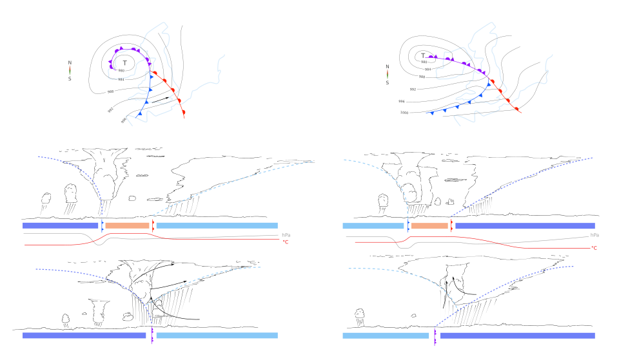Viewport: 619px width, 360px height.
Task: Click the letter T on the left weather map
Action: (x=125, y=63)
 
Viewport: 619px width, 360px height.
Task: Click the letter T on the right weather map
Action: (x=424, y=55)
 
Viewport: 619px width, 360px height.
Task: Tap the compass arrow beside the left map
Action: (x=70, y=70)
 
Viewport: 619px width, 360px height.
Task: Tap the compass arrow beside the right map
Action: (x=388, y=74)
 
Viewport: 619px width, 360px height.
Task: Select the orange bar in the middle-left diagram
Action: (x=127, y=225)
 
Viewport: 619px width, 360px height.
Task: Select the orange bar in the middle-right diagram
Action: (x=429, y=225)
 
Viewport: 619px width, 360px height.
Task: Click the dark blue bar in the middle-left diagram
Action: (x=61, y=225)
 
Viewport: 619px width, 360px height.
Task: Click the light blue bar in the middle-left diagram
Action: (x=217, y=225)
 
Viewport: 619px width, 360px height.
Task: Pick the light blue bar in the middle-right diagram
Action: (x=373, y=225)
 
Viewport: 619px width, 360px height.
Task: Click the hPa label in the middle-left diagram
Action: (x=286, y=235)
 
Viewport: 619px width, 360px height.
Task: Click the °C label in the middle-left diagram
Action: (x=285, y=242)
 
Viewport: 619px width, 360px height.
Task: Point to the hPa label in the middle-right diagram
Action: (x=594, y=235)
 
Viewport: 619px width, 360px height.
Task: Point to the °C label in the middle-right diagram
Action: (x=594, y=247)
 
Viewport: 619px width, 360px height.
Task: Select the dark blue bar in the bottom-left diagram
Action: (x=84, y=335)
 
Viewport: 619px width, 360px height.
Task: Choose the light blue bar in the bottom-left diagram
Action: (x=217, y=335)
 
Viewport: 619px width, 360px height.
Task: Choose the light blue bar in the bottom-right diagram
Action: (x=386, y=335)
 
